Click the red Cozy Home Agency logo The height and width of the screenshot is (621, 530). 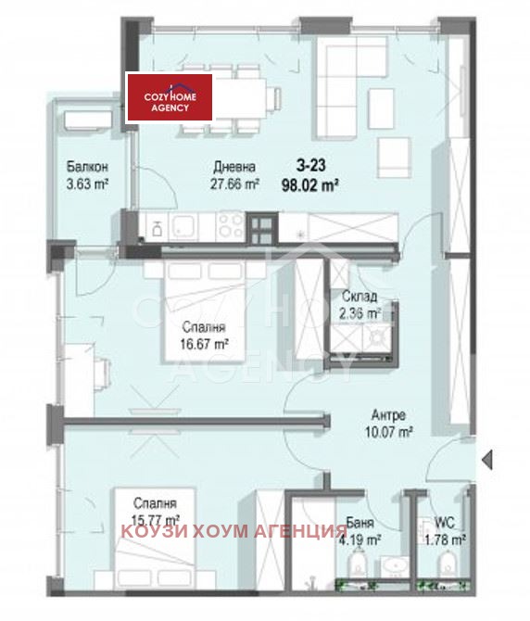170,98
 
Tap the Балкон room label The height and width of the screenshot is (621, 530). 88,167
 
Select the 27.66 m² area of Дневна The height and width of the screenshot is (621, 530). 234,183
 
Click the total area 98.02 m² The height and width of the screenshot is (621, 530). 309,184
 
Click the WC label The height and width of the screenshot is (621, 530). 445,522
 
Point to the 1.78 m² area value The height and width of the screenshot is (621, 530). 445,538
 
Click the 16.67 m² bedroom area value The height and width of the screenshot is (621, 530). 206,343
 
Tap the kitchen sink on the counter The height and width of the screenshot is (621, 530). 179,225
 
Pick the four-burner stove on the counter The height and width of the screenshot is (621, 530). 230,224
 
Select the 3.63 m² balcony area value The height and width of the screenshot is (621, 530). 88,184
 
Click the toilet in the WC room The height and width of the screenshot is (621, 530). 447,563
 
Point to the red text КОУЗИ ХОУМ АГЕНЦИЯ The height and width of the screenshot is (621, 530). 227,531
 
